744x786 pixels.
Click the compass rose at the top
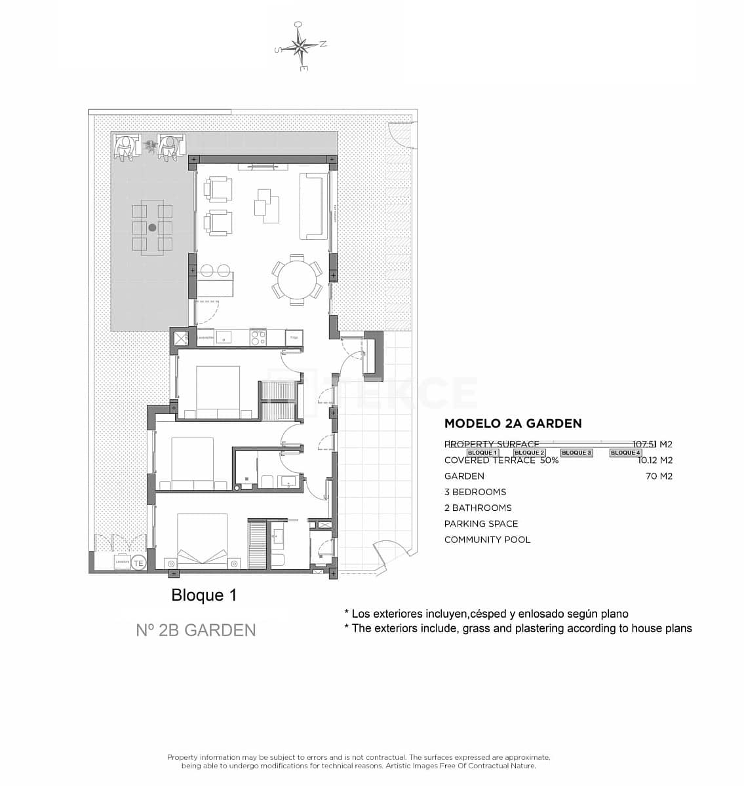300,46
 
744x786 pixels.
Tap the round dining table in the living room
297,280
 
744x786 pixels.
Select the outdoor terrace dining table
152,227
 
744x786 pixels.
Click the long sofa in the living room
313,206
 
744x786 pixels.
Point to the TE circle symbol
138,563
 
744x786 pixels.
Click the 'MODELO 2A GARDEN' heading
513,424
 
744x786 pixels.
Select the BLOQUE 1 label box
482,453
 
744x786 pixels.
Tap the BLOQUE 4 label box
625,453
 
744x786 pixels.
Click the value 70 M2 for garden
659,476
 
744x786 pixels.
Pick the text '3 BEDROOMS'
475,492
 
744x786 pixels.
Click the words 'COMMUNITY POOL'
487,540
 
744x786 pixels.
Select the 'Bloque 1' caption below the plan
204,595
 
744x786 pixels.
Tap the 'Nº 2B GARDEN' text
196,630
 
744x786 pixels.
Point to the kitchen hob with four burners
258,338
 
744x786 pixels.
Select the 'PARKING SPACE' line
481,523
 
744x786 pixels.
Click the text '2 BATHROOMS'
478,508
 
